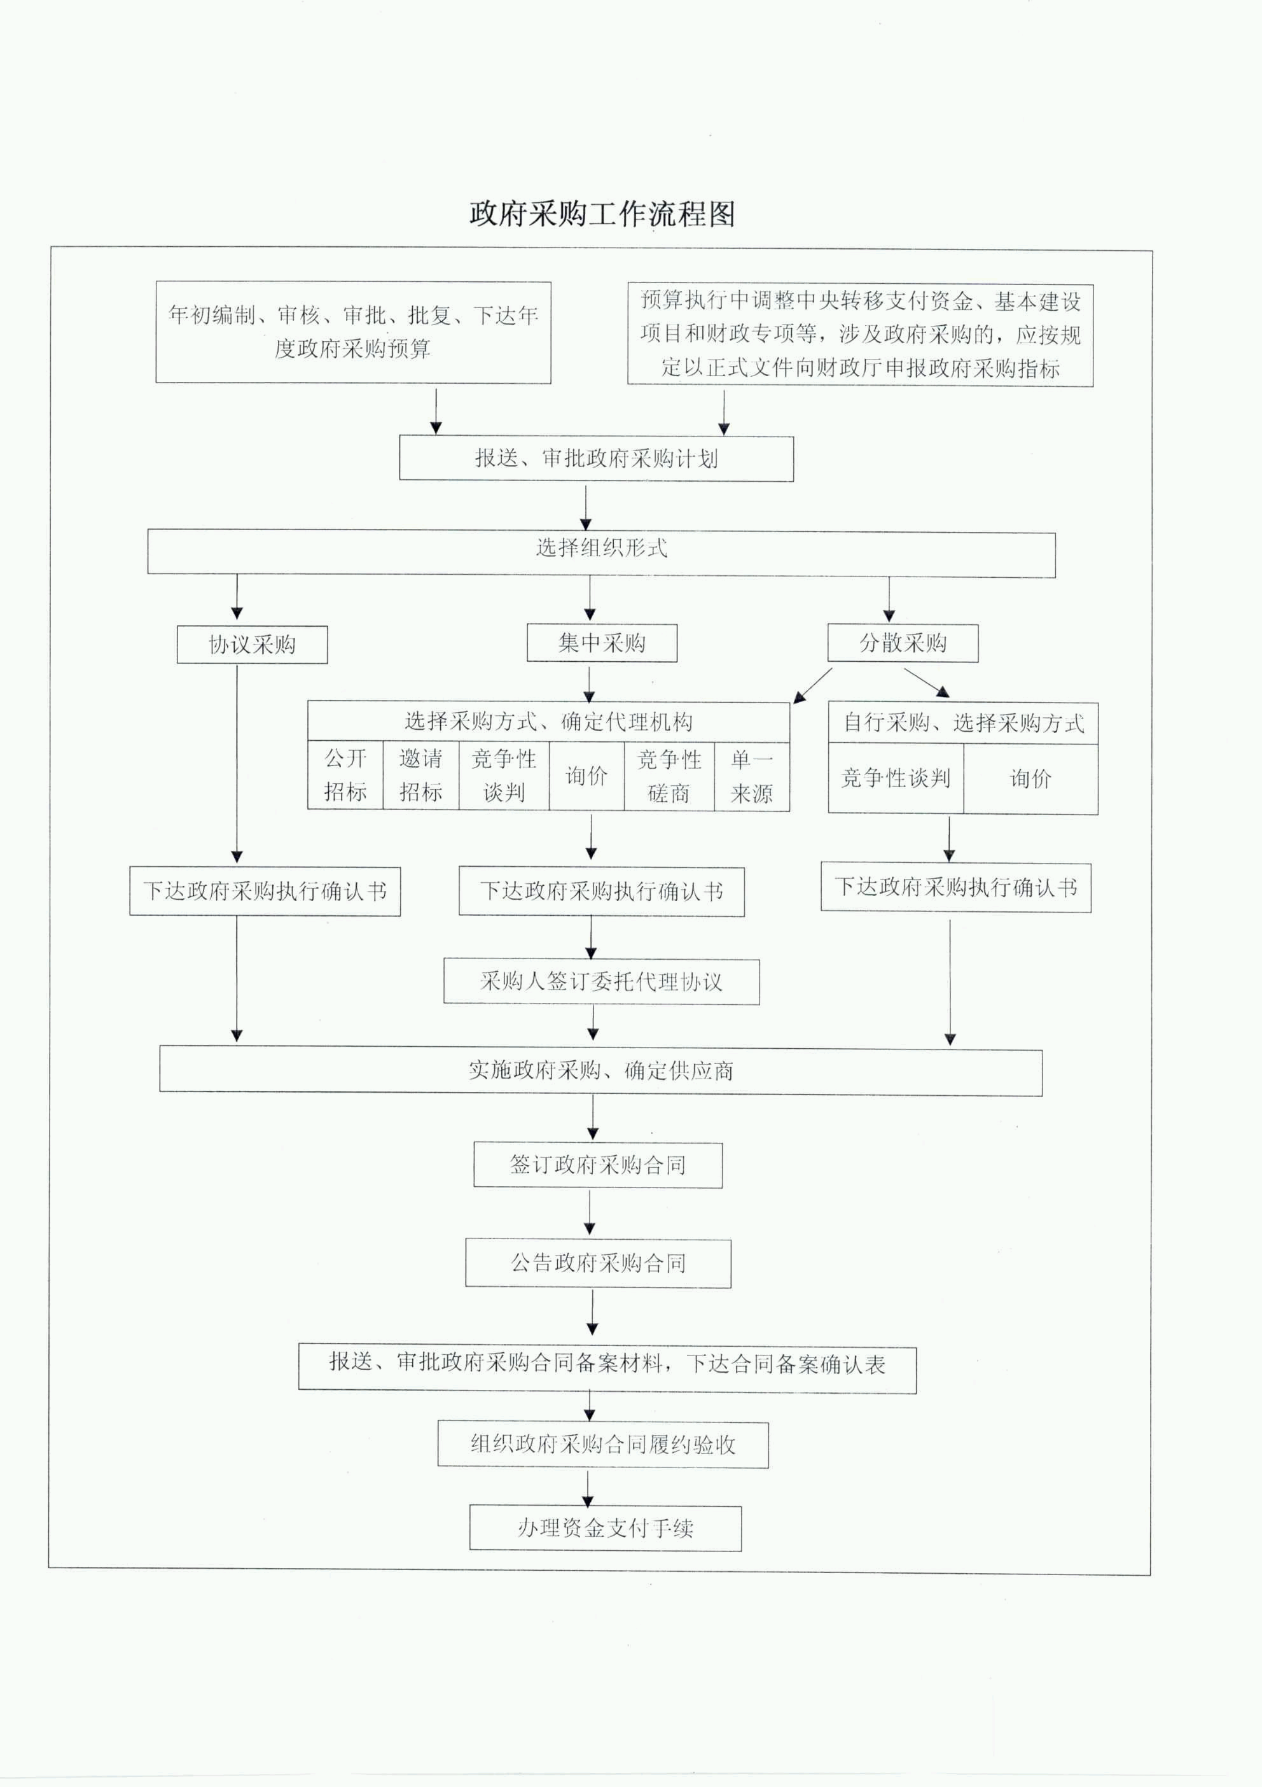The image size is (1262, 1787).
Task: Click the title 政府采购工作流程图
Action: click(602, 213)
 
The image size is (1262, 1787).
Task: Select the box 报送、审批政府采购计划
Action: click(596, 458)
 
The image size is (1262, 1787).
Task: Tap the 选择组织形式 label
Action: click(602, 548)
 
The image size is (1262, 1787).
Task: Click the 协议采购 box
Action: click(252, 645)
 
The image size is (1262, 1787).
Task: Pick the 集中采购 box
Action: click(602, 643)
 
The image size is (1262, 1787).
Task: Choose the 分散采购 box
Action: click(903, 643)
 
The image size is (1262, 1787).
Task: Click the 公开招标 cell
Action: click(345, 775)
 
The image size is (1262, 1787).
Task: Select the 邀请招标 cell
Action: click(420, 775)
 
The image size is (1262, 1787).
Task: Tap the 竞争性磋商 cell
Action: click(669, 776)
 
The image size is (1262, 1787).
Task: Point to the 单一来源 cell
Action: click(752, 776)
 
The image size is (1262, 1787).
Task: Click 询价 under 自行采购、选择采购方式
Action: click(1030, 778)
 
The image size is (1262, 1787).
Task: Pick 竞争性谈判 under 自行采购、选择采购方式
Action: click(896, 778)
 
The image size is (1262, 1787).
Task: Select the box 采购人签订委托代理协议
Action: click(602, 981)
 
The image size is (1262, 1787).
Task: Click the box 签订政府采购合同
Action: click(597, 1165)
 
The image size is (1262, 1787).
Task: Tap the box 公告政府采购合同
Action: click(597, 1263)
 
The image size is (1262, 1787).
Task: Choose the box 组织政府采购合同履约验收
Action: click(603, 1445)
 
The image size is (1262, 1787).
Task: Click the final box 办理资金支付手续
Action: click(606, 1528)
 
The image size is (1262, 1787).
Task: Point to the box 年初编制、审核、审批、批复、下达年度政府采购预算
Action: click(353, 332)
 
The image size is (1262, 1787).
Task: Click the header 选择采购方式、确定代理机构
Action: click(548, 722)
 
